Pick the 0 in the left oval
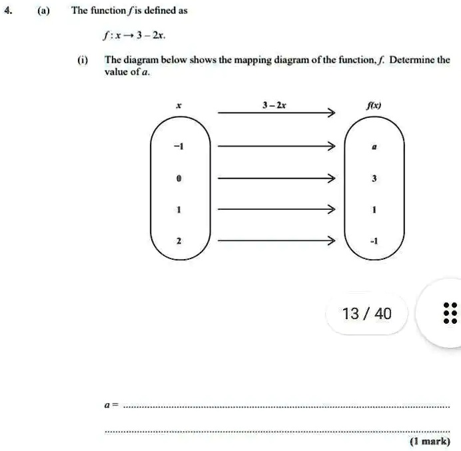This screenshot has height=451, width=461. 179,179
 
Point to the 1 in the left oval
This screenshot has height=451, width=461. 179,209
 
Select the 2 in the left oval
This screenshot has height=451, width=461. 179,240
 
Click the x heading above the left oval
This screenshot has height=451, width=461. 178,105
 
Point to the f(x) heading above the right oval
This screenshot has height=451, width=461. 374,105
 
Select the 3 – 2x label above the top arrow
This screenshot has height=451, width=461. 274,105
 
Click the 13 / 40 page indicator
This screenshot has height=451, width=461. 366,312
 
